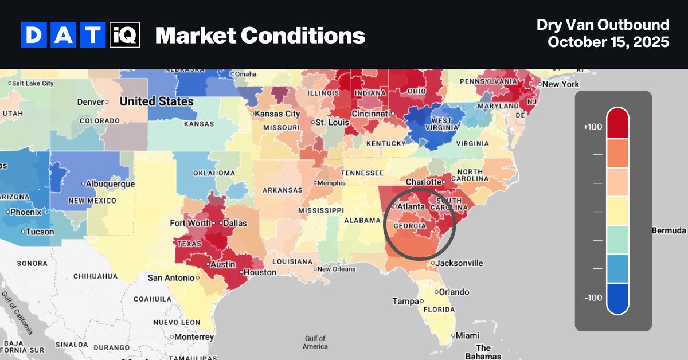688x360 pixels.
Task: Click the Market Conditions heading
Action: click(260, 36)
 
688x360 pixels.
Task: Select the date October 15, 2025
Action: click(608, 42)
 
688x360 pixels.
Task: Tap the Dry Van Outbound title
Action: click(603, 25)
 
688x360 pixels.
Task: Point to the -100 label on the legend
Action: click(592, 298)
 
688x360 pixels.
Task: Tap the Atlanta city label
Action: click(411, 206)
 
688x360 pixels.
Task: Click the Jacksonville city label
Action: click(459, 263)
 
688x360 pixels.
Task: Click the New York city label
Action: click(560, 84)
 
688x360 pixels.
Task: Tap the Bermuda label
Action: click(669, 230)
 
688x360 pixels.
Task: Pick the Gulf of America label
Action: click(315, 342)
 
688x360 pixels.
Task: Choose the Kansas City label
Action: click(277, 114)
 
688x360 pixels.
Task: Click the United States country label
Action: click(157, 101)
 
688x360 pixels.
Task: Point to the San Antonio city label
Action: click(171, 278)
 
